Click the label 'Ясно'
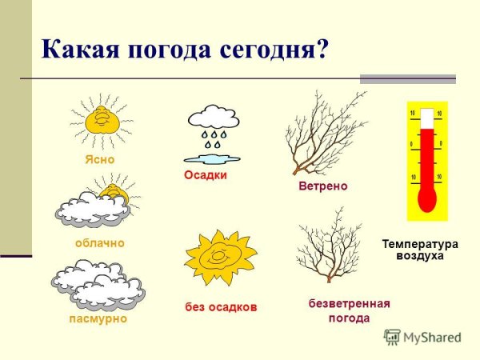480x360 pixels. tap(100, 159)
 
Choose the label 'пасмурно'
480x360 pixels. tap(99, 318)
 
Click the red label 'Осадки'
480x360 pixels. tap(206, 175)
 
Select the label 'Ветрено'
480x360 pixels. tap(322, 186)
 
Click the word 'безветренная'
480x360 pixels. tap(349, 304)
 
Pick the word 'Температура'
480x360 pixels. tap(419, 243)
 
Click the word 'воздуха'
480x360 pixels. tap(419, 256)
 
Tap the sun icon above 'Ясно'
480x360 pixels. tap(102, 122)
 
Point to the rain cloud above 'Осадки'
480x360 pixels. tap(213, 119)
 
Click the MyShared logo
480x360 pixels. tap(423, 337)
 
